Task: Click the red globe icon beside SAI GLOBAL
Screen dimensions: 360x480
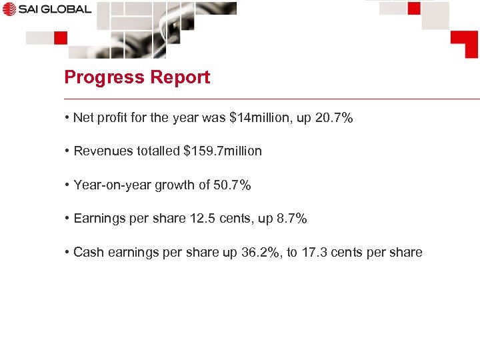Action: point(8,9)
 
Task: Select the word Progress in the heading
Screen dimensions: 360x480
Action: point(97,77)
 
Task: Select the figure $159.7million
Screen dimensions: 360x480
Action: point(223,151)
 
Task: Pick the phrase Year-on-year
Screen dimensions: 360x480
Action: point(112,185)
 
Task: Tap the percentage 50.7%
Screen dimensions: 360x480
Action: point(232,185)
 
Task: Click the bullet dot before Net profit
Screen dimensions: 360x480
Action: point(67,118)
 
